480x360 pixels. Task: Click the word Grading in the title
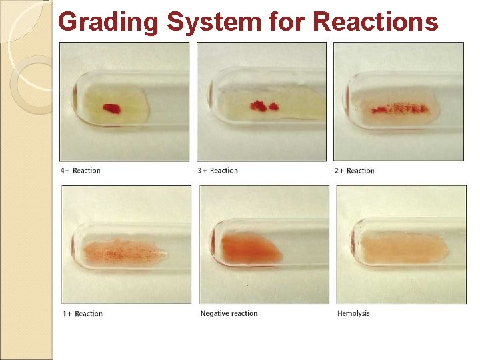[x=109, y=22]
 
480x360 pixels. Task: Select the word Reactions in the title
[x=375, y=22]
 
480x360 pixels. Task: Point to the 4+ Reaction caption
[x=80, y=171]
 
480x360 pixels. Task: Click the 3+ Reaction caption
[x=219, y=171]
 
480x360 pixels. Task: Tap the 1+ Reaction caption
[x=82, y=313]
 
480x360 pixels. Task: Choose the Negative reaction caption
[x=229, y=313]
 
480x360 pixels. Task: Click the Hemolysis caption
[x=353, y=313]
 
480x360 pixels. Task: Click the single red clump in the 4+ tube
[x=111, y=108]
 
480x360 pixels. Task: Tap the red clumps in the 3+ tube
[x=263, y=105]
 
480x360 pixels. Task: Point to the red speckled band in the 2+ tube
[x=399, y=107]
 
